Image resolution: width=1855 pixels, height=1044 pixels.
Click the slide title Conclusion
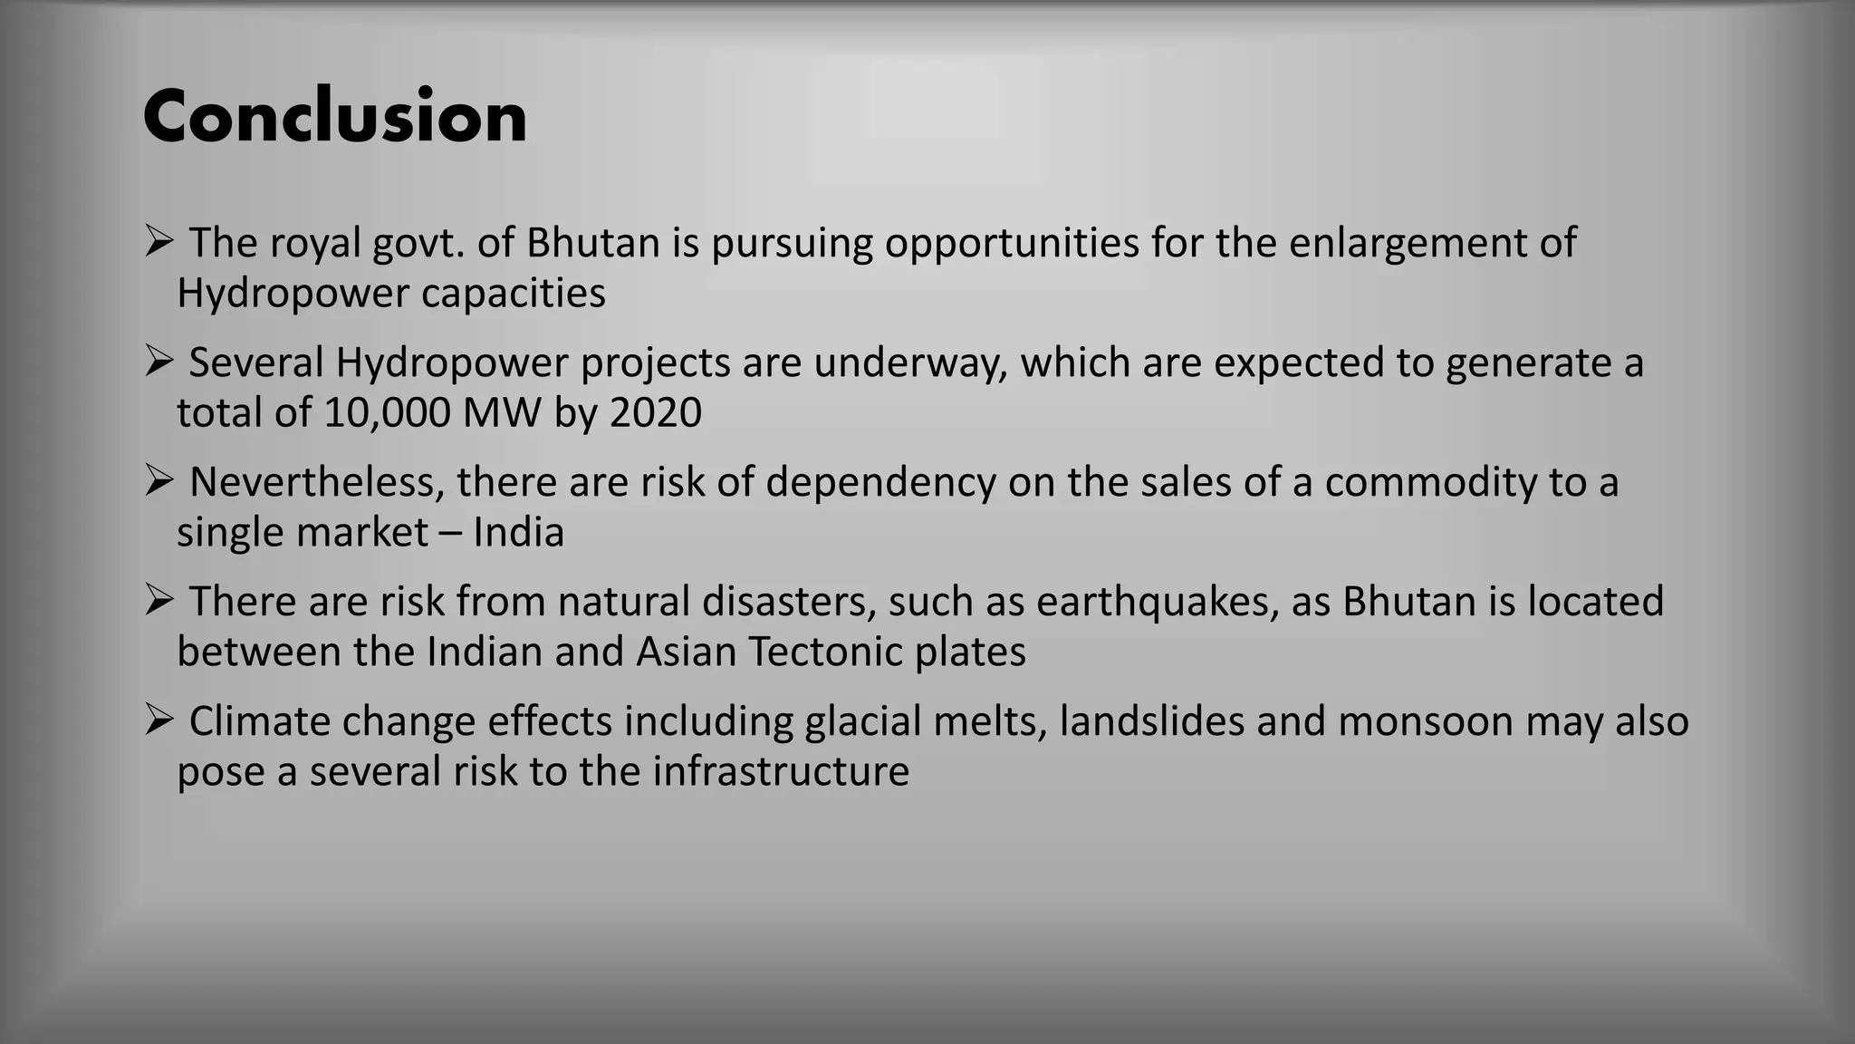point(334,117)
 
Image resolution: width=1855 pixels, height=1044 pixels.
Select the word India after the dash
point(519,532)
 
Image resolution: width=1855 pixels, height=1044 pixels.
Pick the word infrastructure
point(780,771)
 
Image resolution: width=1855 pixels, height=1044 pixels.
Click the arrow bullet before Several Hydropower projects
point(159,362)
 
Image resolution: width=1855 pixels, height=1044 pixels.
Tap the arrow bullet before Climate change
point(159,720)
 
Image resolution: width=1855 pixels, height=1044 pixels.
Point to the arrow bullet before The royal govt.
point(159,242)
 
